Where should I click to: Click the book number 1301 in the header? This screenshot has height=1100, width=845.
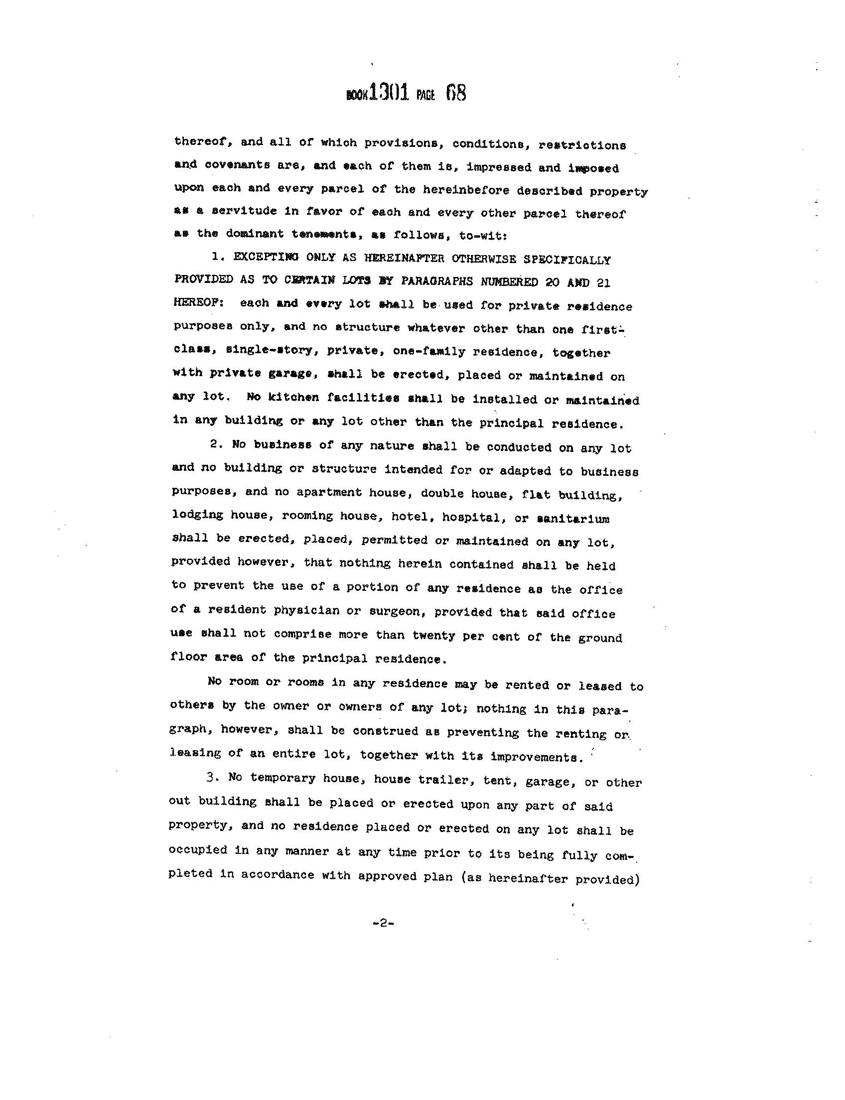388,93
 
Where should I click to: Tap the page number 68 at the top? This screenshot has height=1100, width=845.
456,94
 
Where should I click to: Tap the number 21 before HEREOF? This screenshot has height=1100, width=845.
603,283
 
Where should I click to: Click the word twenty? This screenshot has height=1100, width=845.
433,636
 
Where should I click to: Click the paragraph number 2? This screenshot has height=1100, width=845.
214,444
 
